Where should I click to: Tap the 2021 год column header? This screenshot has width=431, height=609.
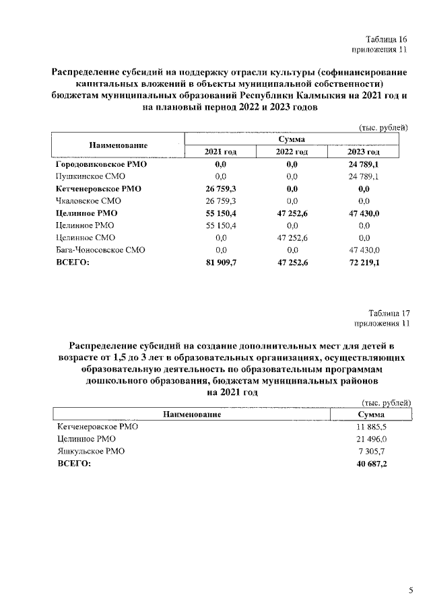221,152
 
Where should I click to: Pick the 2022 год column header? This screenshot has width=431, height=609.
292,152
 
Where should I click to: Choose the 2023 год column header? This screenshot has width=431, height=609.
364,152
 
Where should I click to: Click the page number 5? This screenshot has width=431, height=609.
411,590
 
